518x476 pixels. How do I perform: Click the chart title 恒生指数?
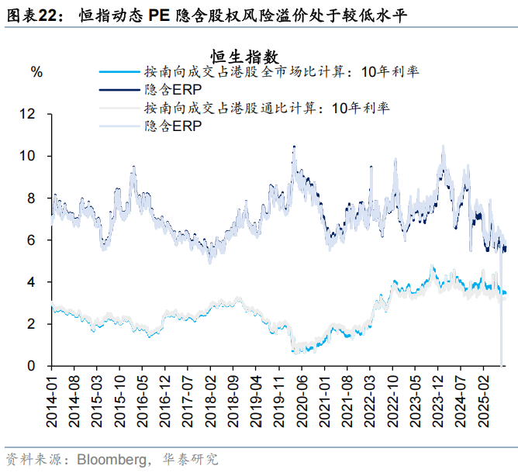pos(243,56)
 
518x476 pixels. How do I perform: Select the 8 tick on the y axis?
pos(30,198)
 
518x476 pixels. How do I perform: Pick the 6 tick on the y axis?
pos(30,240)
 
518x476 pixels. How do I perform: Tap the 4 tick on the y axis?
pos(30,282)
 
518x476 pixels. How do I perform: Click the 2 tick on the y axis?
pos(30,324)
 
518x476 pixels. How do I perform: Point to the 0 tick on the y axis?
pos(30,366)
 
